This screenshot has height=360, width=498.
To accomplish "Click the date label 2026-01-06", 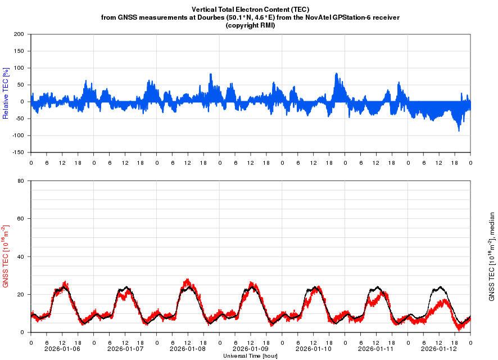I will pos(62,349).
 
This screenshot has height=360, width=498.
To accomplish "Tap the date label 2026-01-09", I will pos(251,349).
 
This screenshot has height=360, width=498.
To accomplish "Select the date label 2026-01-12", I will pos(439,349).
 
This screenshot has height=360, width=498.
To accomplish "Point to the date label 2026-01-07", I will pos(125,349).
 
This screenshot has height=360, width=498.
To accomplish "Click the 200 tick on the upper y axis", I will pos(19,34).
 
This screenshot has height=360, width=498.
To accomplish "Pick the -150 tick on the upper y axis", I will pos(18,152).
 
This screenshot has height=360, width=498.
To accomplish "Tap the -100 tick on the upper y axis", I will pos(18,136).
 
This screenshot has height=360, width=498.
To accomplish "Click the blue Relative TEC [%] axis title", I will pos(6,93).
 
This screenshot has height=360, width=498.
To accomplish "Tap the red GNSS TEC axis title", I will pos(6,256).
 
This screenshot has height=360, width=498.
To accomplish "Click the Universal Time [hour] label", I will pos(250,356).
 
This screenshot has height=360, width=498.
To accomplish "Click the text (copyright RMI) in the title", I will pos(250,25).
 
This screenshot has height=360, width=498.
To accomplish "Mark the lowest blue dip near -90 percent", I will pos(459,130).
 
